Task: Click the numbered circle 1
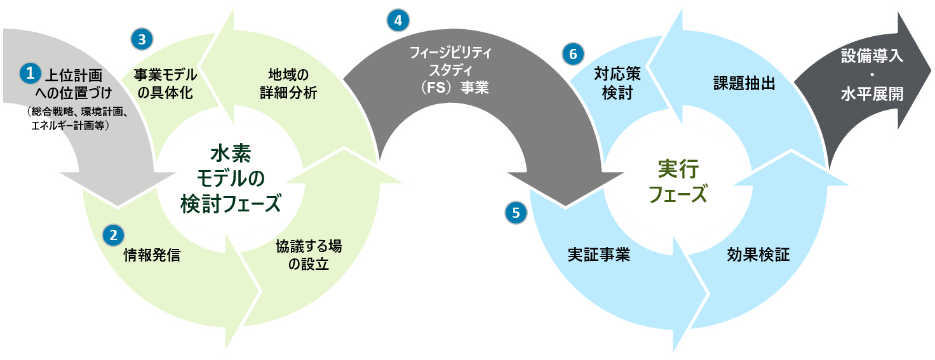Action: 29,72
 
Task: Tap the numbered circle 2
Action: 114,235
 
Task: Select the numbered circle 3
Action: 141,39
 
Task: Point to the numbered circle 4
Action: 398,20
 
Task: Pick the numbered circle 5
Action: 516,213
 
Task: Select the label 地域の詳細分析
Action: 288,83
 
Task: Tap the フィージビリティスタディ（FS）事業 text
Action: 450,69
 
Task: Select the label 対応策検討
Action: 617,83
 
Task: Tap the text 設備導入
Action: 871,56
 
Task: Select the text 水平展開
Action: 871,95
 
